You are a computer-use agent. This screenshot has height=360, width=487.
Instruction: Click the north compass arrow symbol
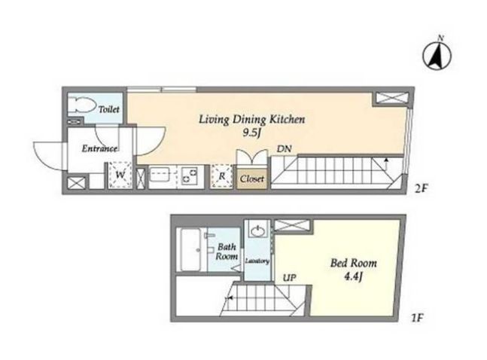click(x=437, y=55)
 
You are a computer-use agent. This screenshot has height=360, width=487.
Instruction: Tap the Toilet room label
click(x=108, y=109)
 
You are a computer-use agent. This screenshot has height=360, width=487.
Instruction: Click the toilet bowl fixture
click(x=82, y=105)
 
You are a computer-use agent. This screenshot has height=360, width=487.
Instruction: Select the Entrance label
click(x=99, y=148)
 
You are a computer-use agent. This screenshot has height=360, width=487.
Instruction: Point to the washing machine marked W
click(x=120, y=175)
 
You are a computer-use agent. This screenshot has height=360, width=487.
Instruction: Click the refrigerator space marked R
click(x=222, y=176)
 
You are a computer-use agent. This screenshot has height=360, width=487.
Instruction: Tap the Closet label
click(x=252, y=179)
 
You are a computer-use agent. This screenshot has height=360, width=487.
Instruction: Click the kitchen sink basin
click(x=160, y=175)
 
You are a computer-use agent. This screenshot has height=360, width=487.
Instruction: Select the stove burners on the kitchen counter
click(x=190, y=175)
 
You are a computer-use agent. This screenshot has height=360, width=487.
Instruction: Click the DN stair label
click(x=285, y=149)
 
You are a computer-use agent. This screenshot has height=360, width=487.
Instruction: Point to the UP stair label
click(x=290, y=278)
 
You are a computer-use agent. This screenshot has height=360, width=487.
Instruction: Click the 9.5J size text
click(x=251, y=133)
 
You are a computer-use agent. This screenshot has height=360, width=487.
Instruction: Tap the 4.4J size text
click(x=354, y=276)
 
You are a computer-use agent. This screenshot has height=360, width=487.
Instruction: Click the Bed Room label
click(x=354, y=263)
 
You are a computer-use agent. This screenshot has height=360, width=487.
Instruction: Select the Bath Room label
click(x=227, y=252)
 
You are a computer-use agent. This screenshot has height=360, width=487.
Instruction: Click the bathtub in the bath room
click(x=190, y=249)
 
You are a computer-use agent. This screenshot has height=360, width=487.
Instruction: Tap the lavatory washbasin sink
click(x=257, y=231)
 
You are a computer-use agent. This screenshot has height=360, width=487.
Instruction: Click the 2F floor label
click(x=422, y=188)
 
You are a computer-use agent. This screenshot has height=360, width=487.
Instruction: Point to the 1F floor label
click(x=417, y=318)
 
